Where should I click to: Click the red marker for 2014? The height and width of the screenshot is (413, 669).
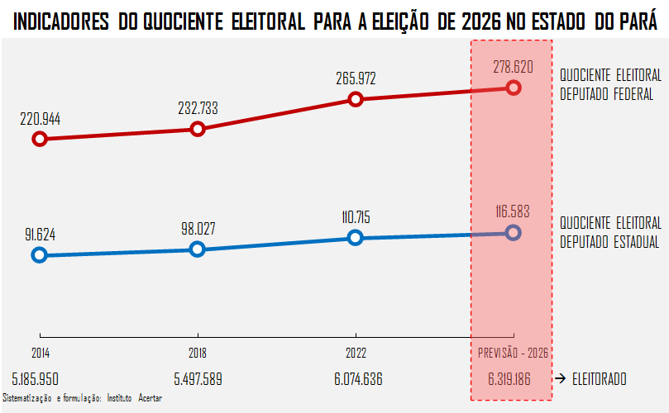coord(39,139)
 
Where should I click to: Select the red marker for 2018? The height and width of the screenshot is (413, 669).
coord(197,129)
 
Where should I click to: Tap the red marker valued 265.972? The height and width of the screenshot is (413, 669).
coord(356,99)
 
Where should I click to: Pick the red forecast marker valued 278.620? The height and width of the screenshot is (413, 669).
coord(513,88)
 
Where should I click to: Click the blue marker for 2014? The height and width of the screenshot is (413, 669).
coord(39,254)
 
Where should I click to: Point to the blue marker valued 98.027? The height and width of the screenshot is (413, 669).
coord(197,249)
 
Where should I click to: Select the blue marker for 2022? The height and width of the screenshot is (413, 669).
coord(356,237)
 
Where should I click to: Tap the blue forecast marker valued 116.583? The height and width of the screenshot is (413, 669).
coord(513,232)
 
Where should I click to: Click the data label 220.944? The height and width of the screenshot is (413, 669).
coord(40,119)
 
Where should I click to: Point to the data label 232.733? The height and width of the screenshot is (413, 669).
coord(198,108)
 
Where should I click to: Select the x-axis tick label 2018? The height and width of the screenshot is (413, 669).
coord(197,353)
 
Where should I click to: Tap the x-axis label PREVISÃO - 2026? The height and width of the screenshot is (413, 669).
coord(513,353)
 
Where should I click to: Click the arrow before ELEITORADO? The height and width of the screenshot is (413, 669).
coord(560,378)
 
